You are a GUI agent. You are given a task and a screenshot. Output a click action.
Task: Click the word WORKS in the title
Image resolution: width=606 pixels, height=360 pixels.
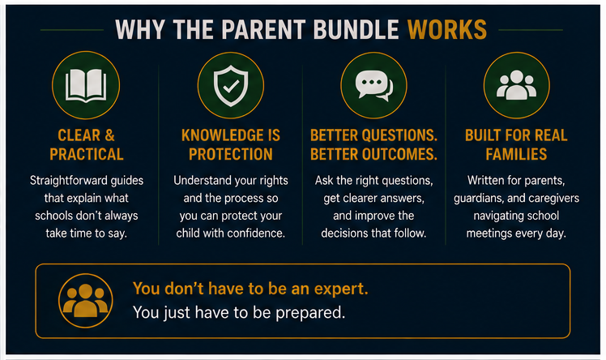[447, 30]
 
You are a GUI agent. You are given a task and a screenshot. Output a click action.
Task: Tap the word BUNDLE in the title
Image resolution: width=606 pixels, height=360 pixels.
[356, 30]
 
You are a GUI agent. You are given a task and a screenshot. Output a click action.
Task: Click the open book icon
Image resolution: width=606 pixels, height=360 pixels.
[86, 85]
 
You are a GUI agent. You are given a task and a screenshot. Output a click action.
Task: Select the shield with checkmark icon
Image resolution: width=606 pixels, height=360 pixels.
[231, 86]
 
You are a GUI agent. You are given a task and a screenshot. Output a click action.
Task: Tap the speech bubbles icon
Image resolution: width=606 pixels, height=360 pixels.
[373, 86]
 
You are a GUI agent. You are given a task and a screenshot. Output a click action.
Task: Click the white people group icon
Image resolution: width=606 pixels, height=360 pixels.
[516, 85]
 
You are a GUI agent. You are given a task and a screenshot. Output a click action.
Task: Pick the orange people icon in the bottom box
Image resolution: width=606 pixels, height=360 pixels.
[85, 301]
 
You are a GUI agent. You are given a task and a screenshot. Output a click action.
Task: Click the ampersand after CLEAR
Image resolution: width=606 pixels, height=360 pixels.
[109, 135]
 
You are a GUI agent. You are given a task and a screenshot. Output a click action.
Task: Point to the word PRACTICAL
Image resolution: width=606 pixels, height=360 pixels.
[87, 155]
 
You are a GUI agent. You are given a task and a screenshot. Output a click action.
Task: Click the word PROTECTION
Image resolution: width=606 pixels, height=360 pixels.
[231, 155]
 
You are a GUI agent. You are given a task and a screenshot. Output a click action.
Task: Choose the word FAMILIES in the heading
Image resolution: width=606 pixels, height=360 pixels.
[516, 155]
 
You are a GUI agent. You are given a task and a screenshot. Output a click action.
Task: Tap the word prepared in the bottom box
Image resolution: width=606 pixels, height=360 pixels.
[310, 313]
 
